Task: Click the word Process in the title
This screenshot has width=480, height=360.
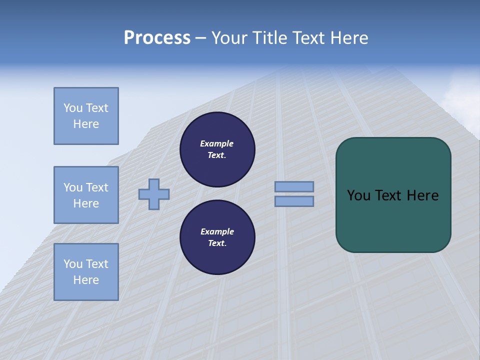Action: (157, 38)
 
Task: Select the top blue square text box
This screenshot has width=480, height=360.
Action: (86, 116)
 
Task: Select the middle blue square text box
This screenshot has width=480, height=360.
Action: (86, 195)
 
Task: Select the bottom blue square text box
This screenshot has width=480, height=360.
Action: (86, 272)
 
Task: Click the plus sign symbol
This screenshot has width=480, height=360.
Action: (154, 194)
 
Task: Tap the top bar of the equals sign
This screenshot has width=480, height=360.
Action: (294, 187)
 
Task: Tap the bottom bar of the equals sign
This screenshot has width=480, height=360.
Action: (294, 201)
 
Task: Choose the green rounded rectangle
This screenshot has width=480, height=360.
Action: (393, 220)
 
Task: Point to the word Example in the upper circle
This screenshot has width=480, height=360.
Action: (217, 143)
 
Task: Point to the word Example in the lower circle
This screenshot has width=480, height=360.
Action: (217, 231)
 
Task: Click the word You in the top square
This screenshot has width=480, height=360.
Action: (73, 108)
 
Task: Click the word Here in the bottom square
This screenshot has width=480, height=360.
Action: (86, 280)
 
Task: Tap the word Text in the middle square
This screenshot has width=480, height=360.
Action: (96, 187)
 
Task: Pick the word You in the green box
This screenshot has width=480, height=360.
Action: (358, 195)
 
